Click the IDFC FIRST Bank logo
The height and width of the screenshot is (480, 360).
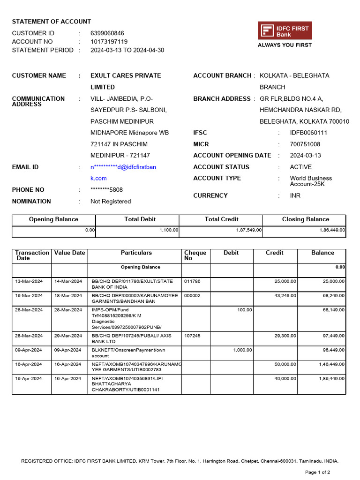(x=285, y=31)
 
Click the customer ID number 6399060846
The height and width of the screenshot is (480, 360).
(x=107, y=33)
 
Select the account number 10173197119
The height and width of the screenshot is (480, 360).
(x=109, y=42)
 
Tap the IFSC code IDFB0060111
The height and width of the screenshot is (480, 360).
(x=308, y=133)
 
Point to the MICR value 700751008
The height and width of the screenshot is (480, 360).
(x=305, y=144)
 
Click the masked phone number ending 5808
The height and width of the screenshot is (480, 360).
(x=106, y=190)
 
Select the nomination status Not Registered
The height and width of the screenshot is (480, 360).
(x=111, y=202)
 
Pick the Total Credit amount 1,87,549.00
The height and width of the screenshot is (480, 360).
(x=249, y=231)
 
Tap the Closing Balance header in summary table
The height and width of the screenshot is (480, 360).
(x=305, y=219)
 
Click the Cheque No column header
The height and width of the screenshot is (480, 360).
(x=195, y=255)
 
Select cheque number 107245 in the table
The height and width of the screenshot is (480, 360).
(x=192, y=336)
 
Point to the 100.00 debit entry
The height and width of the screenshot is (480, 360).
(x=244, y=310)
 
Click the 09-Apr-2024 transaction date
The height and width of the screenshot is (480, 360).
(x=28, y=350)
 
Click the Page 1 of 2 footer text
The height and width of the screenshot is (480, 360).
(x=318, y=472)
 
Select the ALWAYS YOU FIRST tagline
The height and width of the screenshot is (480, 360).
(x=285, y=45)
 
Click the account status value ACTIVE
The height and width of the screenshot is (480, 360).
(x=300, y=167)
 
